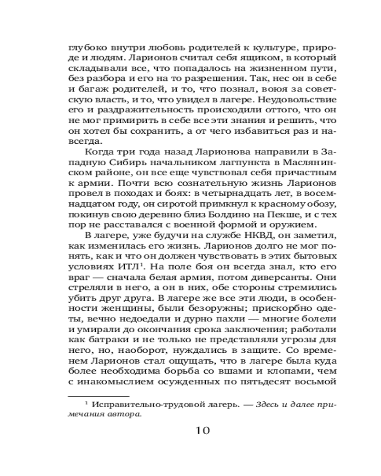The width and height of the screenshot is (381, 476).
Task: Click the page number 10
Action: coord(201,430)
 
